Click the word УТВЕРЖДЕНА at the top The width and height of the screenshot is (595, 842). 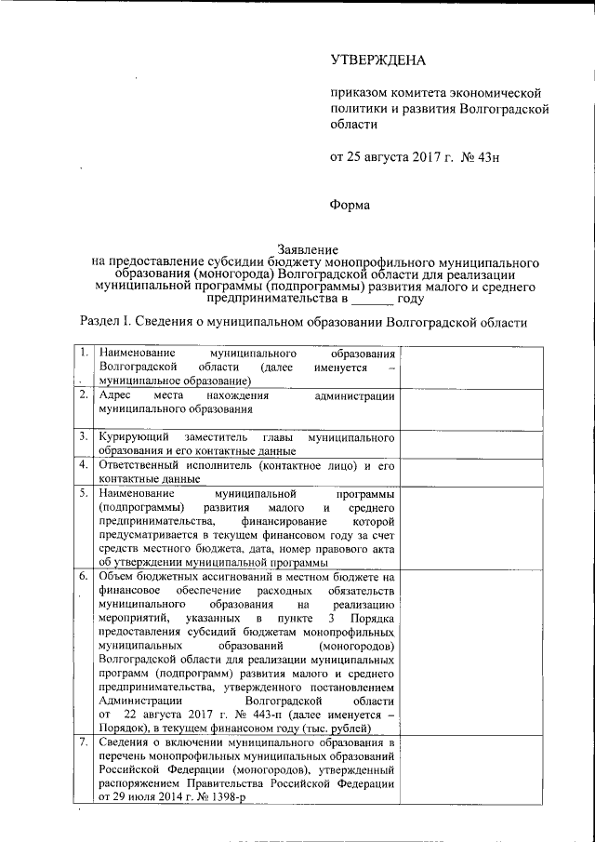pos(377,60)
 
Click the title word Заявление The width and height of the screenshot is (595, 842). pos(309,249)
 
